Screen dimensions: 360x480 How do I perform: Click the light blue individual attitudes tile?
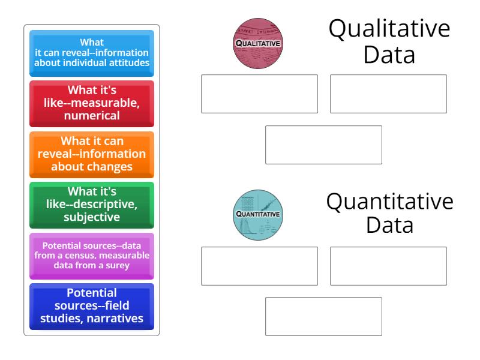point(92,53)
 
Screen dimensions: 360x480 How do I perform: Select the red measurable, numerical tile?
point(92,103)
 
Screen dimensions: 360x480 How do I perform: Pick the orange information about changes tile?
point(92,154)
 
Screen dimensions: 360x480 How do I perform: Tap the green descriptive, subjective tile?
point(92,205)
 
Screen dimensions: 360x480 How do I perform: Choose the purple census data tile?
point(92,255)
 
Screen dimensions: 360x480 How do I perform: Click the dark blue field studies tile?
point(92,306)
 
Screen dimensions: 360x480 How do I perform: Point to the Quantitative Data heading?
point(389,213)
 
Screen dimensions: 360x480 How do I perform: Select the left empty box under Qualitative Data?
point(259,94)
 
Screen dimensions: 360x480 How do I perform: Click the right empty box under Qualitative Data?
point(388,94)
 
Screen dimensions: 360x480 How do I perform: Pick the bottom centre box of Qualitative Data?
point(323,145)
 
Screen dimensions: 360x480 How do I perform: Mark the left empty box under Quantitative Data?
point(259,266)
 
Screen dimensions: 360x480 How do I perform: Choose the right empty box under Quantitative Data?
point(388,266)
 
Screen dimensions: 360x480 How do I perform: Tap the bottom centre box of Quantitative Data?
point(323,316)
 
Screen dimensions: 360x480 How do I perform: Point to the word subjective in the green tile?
point(92,217)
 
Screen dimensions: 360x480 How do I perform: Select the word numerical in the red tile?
point(92,115)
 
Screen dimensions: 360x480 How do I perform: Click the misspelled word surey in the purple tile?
point(116,266)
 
